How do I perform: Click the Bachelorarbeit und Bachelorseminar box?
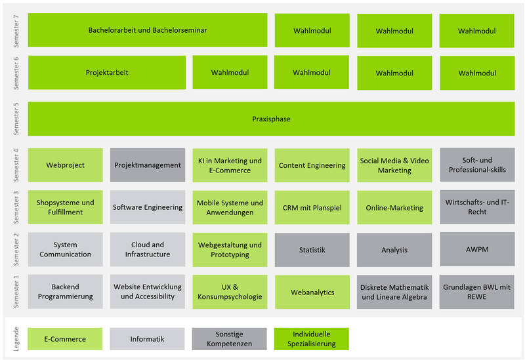(148, 30)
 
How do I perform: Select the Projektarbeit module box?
(107, 73)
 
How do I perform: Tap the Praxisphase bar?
(271, 119)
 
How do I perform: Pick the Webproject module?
(65, 165)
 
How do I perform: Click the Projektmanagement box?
(148, 165)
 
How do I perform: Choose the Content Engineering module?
(312, 165)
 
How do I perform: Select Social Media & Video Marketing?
(394, 165)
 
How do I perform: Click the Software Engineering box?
(148, 207)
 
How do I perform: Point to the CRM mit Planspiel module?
(312, 207)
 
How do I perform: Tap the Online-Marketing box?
(394, 207)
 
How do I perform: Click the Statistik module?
(312, 250)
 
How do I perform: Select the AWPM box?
(477, 249)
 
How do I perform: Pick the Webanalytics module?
(312, 292)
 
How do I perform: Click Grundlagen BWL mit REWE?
(477, 292)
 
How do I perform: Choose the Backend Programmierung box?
(65, 291)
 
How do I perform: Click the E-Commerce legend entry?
(65, 339)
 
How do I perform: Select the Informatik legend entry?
(147, 339)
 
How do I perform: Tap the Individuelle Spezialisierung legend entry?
(311, 339)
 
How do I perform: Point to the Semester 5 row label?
(16, 119)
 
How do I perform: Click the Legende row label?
(16, 339)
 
